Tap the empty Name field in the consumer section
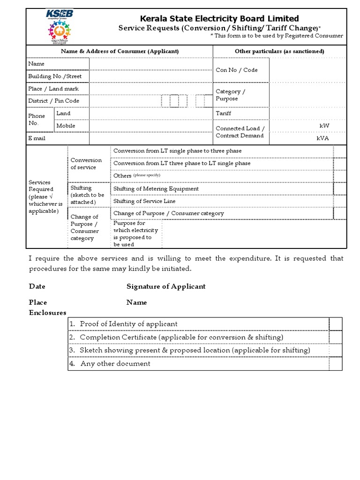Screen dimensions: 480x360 (x=150, y=64)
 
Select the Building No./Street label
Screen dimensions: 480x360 (x=55, y=76)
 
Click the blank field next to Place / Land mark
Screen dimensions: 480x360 (x=150, y=89)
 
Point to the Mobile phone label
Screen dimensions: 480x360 (x=66, y=126)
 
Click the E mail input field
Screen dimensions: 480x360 (x=150, y=138)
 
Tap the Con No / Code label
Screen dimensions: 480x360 (x=236, y=70)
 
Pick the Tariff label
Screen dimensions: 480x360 (x=223, y=113)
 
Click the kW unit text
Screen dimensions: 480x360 (x=324, y=126)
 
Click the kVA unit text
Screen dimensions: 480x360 (x=323, y=138)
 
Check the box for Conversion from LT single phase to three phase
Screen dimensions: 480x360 (x=340, y=151)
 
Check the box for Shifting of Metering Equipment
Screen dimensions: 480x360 (x=340, y=188)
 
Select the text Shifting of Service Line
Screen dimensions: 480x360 (x=144, y=201)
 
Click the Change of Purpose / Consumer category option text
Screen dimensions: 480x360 (x=169, y=213)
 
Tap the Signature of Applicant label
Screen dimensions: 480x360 (x=166, y=286)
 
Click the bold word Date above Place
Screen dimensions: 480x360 (x=37, y=286)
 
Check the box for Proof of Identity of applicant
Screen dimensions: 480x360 (x=336, y=324)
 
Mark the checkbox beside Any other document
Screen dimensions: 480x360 (x=336, y=363)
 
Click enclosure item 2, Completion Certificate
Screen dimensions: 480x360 (x=181, y=337)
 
